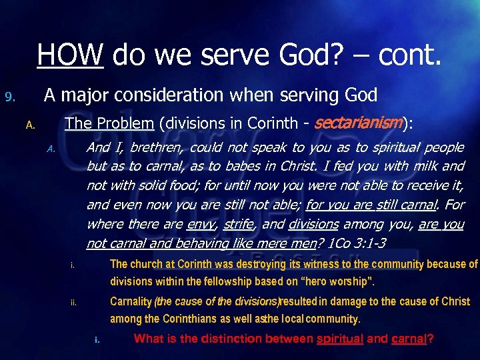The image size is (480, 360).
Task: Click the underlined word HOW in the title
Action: [x=70, y=54]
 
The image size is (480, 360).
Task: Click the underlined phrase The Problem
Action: [x=109, y=123]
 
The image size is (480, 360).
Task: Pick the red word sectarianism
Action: [x=357, y=123]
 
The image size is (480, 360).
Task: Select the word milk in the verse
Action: [x=423, y=166]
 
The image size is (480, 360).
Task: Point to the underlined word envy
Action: [x=201, y=225]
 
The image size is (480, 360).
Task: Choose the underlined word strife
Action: [x=239, y=225]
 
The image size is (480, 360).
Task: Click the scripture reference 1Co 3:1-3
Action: [x=359, y=243]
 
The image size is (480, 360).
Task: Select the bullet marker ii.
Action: [x=74, y=304]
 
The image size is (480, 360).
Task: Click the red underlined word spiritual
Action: [x=339, y=339]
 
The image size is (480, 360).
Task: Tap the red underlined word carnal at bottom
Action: [x=409, y=339]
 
